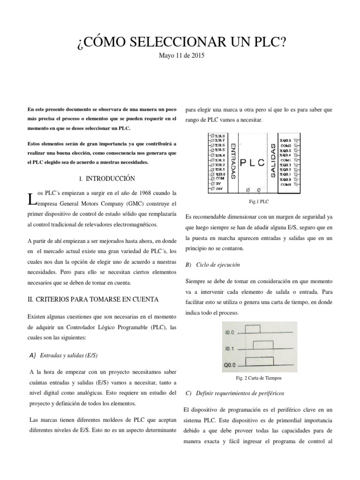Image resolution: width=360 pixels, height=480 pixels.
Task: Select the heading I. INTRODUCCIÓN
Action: (107, 179)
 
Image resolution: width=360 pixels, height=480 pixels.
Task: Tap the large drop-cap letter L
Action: (31, 200)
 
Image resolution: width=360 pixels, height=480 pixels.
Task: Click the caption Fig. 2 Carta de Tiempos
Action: (259, 377)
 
